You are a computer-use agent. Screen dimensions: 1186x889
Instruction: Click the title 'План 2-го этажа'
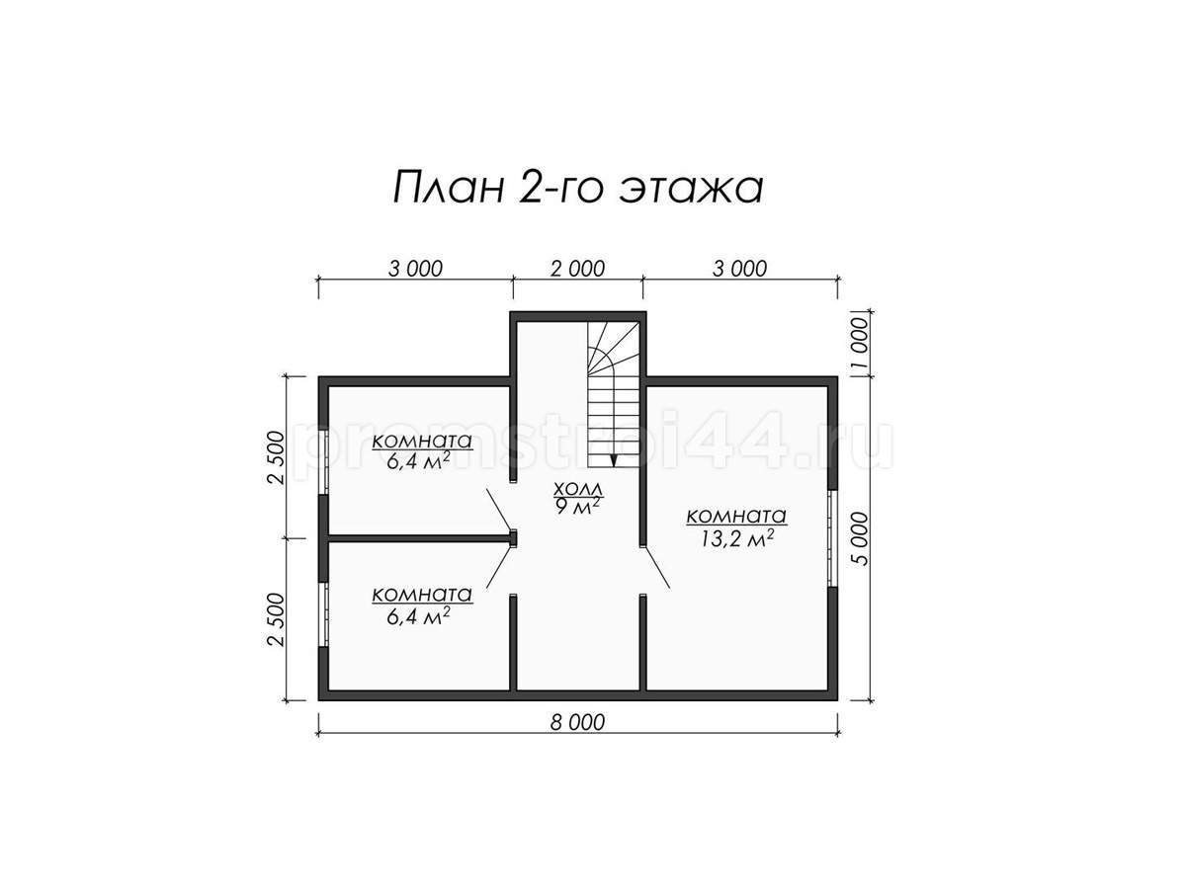pyautogui.click(x=577, y=188)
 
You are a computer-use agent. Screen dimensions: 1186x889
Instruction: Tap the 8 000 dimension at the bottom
pyautogui.click(x=577, y=722)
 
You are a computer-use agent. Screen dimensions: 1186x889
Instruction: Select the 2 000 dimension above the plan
pyautogui.click(x=577, y=269)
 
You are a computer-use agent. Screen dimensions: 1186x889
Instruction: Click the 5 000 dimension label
pyautogui.click(x=861, y=538)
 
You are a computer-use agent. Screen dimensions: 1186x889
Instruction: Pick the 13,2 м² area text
pyautogui.click(x=737, y=538)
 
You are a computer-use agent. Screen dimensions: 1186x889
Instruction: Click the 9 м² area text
pyautogui.click(x=577, y=507)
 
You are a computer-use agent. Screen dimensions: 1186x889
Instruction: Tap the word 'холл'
pyautogui.click(x=577, y=489)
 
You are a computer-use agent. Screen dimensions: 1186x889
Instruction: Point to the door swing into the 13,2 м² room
pyautogui.click(x=655, y=567)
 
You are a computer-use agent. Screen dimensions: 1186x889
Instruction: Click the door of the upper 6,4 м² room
pyautogui.click(x=499, y=510)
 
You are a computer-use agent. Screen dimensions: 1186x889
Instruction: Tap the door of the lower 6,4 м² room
pyautogui.click(x=499, y=567)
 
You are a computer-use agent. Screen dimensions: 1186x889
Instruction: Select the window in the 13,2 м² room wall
pyautogui.click(x=832, y=538)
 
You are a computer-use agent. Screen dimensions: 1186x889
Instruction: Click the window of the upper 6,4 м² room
pyautogui.click(x=323, y=461)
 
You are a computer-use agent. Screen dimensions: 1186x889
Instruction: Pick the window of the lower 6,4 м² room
pyautogui.click(x=323, y=614)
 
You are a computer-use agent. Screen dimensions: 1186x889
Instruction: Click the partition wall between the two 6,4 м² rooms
pyautogui.click(x=419, y=538)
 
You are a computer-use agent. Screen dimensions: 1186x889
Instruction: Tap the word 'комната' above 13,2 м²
pyautogui.click(x=736, y=516)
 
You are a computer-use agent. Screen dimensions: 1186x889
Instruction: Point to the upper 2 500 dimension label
pyautogui.click(x=276, y=457)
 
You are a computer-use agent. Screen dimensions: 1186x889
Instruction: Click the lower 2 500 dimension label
pyautogui.click(x=276, y=619)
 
